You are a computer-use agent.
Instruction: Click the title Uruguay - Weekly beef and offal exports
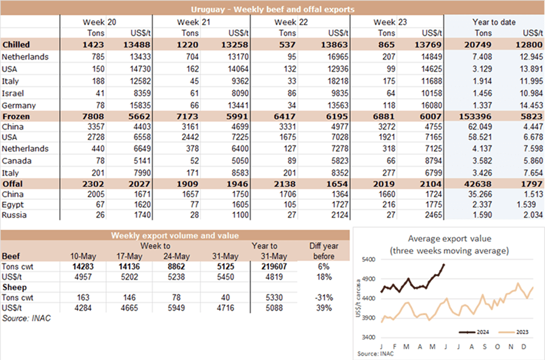272,9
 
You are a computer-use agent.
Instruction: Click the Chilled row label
16,45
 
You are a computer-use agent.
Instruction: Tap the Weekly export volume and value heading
175,235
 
